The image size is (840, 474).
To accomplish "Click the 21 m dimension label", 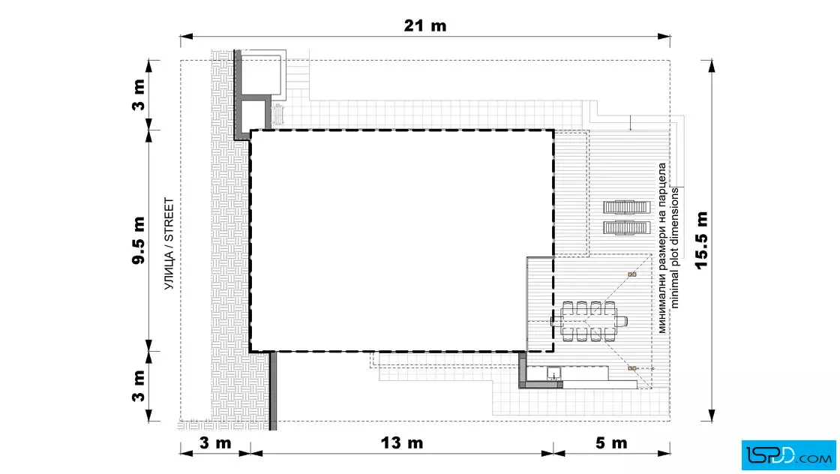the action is [424, 25].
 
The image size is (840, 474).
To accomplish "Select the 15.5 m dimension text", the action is [701, 240].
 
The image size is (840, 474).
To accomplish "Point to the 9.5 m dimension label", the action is [139, 241].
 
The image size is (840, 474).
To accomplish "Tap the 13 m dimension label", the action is [402, 443].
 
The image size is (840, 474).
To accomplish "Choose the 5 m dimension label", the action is [611, 443].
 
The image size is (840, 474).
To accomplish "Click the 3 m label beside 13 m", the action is [215, 443].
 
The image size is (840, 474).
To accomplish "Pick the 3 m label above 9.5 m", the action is [139, 94].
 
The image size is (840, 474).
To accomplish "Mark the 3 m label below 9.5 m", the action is [139, 385].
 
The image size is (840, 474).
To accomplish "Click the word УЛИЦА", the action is [169, 270].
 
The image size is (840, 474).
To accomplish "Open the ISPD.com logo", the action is [788, 454].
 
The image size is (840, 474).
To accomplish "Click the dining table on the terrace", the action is [589, 321].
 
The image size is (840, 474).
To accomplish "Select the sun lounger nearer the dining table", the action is [626, 228].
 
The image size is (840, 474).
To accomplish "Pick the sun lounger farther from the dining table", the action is [626, 207].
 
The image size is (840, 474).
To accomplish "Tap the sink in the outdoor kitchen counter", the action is [553, 373].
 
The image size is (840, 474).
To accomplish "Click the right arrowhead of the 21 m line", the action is [664, 37].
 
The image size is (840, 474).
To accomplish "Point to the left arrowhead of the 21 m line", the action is [187, 37].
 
